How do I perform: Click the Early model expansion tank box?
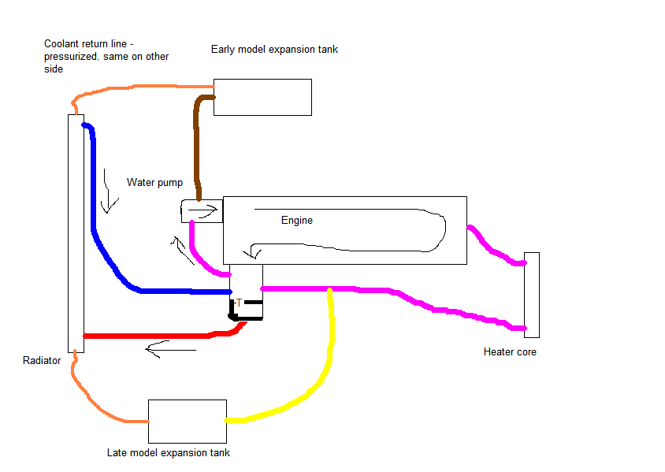point(262,97)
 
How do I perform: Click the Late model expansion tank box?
point(187,421)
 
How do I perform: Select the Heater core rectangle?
point(532,294)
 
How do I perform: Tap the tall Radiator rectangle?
point(76,232)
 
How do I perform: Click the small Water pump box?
point(202,211)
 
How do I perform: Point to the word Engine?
point(297,221)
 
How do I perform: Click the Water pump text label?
point(154,182)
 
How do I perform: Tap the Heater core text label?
point(510,352)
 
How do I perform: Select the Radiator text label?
point(42,361)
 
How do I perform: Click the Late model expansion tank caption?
point(169,453)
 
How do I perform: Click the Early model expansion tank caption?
point(274,50)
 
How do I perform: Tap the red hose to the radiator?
point(158,336)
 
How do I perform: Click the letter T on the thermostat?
point(239,303)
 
